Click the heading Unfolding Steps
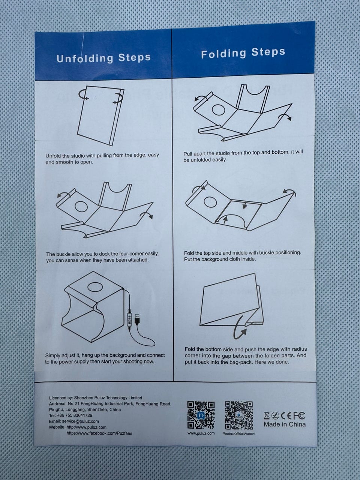[x=103, y=58]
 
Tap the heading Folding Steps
[x=243, y=53]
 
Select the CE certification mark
[x=286, y=416]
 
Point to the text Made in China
[x=285, y=424]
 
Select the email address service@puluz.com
[x=80, y=421]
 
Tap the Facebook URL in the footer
[x=99, y=433]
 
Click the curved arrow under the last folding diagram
[x=240, y=328]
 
